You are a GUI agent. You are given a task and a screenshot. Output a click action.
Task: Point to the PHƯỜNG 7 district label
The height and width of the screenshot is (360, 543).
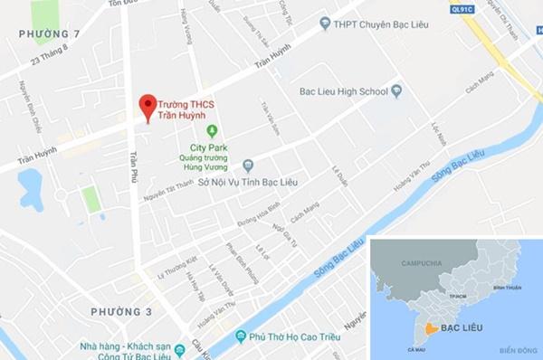click(43, 33)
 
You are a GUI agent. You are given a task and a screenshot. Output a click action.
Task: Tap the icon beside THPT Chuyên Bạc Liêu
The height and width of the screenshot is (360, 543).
click(323, 23)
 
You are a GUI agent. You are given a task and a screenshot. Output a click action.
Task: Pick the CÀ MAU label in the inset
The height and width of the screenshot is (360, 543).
click(417, 346)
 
